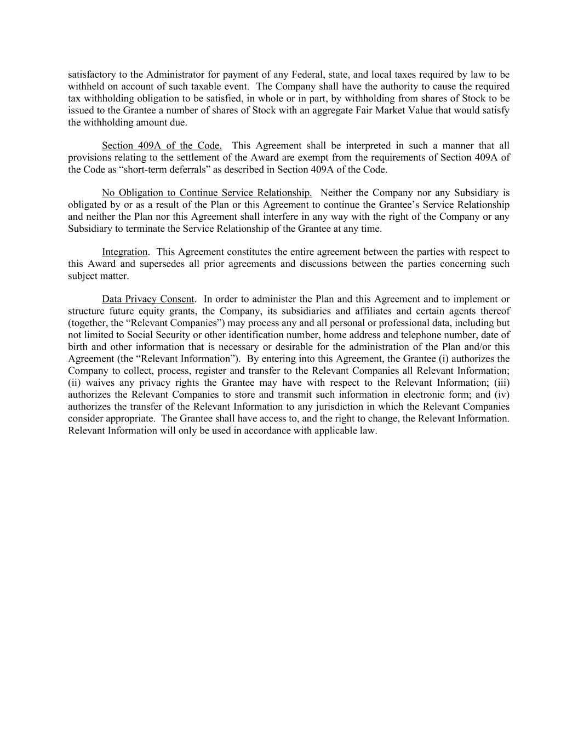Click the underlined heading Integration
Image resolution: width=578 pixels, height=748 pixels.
tap(124, 252)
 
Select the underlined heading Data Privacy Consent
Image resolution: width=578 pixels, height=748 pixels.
tap(148, 299)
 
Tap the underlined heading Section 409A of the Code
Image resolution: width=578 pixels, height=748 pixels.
tap(162, 146)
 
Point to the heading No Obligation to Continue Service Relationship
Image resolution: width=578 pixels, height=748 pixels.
tap(207, 193)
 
